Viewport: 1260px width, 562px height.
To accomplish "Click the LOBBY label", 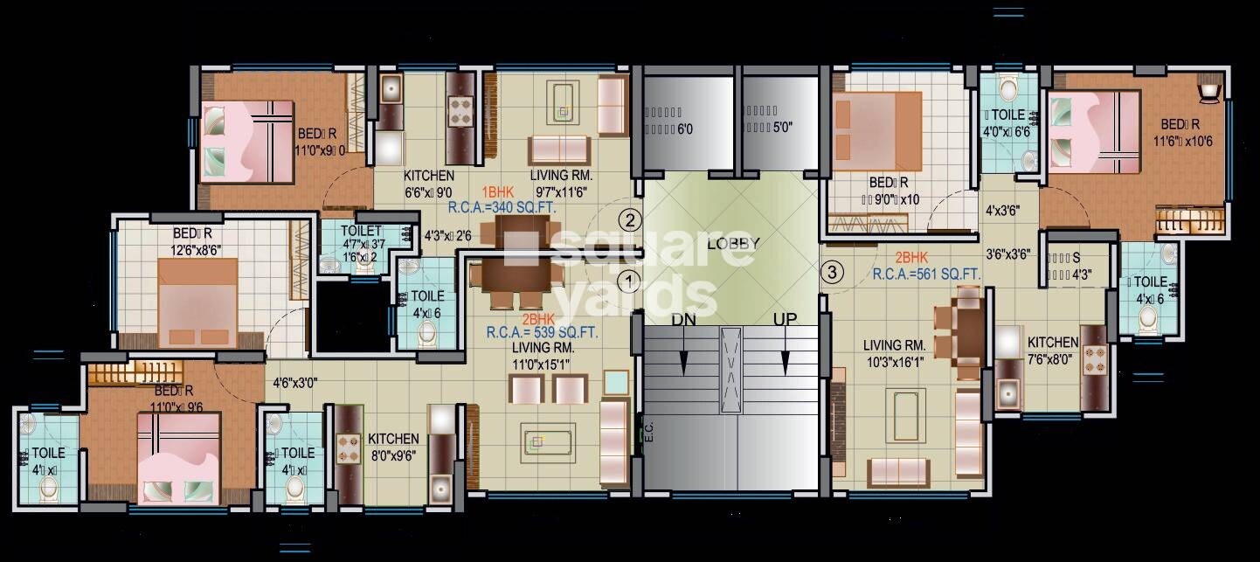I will coord(733,244).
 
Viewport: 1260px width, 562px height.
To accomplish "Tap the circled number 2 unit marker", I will coord(629,219).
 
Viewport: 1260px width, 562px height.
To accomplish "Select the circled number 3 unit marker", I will coord(833,272).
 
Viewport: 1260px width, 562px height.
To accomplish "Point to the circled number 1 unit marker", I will coord(629,281).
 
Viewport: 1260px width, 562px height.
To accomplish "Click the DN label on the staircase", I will coord(684,320).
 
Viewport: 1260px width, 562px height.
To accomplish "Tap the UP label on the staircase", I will coord(785,320).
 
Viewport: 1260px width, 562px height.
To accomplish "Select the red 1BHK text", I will coord(499,191).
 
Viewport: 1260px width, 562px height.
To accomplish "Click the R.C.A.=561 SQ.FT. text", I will coord(926,274).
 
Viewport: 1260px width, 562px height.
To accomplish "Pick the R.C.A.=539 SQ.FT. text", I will coord(543,331).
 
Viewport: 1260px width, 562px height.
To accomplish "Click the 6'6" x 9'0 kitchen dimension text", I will coord(428,192).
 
